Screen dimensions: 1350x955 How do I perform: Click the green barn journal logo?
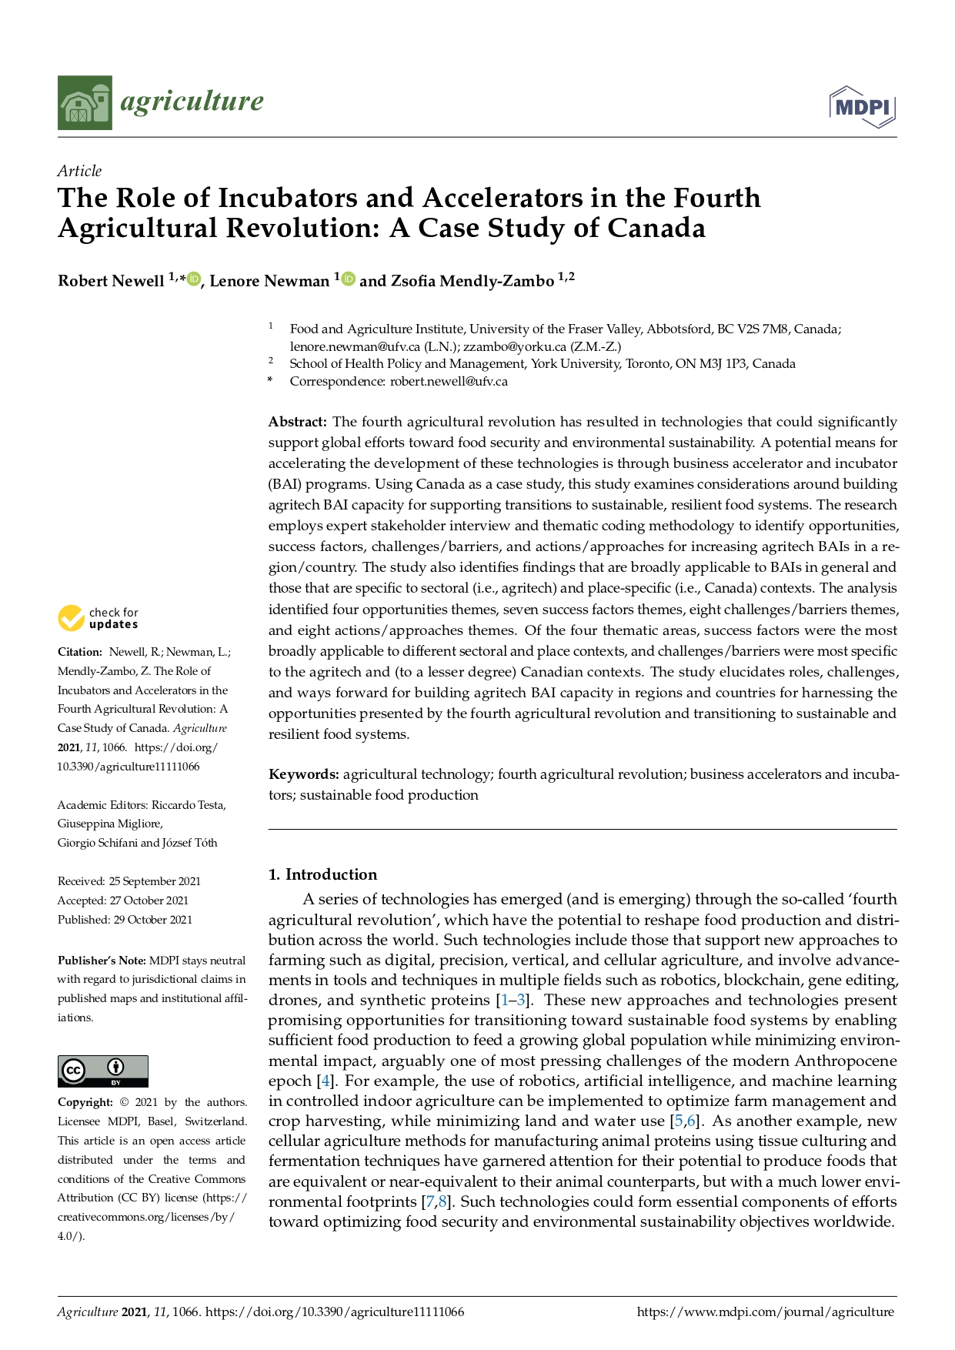pyautogui.click(x=85, y=102)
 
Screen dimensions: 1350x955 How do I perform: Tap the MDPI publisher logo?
pyautogui.click(x=863, y=107)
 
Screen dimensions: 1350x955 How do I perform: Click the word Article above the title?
pyautogui.click(x=79, y=171)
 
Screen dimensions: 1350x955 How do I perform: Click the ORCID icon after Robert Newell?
pyautogui.click(x=193, y=279)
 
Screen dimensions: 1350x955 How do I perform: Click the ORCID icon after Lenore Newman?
pyautogui.click(x=349, y=279)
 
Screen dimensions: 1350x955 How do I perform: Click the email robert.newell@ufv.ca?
pyautogui.click(x=449, y=382)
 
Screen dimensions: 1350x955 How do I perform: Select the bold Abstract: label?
pyautogui.click(x=297, y=422)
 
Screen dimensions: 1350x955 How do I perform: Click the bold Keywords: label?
pyautogui.click(x=303, y=774)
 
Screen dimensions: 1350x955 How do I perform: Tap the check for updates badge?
pyautogui.click(x=98, y=618)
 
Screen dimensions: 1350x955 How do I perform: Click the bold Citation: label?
pyautogui.click(x=79, y=652)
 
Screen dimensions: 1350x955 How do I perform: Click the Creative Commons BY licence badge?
pyautogui.click(x=102, y=1071)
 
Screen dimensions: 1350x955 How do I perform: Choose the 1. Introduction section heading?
pyautogui.click(x=322, y=874)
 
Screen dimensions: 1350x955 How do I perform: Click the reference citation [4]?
pyautogui.click(x=325, y=1081)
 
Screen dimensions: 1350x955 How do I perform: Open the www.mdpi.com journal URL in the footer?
pyautogui.click(x=765, y=1312)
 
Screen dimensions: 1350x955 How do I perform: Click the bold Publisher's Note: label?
pyautogui.click(x=102, y=961)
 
